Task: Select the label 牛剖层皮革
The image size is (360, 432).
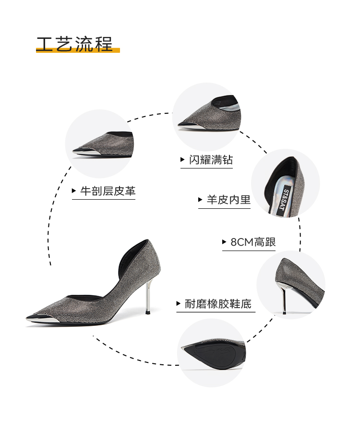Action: coord(108,191)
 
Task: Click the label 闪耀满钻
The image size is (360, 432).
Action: coord(210,160)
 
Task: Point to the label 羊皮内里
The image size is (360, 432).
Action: coord(228,200)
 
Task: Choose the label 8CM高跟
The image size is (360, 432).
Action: coord(253,242)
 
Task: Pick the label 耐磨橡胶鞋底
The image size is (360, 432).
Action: coord(218,304)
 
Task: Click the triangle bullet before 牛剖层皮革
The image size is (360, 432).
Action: coord(74,191)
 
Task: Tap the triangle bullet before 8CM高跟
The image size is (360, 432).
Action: coord(224,242)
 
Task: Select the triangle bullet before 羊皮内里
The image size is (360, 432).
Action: coord(200,200)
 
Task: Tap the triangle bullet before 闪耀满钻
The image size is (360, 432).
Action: coord(182,160)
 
